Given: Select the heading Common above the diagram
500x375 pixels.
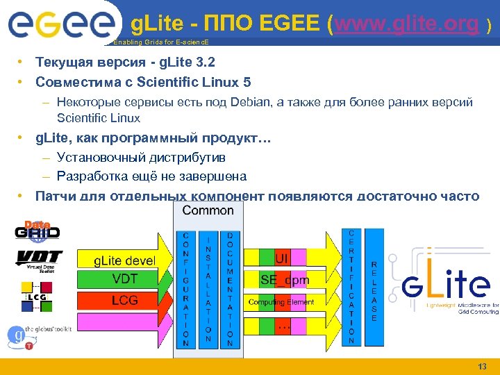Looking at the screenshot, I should pyautogui.click(x=208, y=210).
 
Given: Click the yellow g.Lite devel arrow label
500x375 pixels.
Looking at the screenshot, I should pyautogui.click(x=125, y=260).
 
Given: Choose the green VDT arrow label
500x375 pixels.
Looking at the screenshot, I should pyautogui.click(x=125, y=279).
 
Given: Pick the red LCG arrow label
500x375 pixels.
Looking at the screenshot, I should pyautogui.click(x=125, y=300).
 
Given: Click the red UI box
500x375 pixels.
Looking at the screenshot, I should pyautogui.click(x=281, y=258).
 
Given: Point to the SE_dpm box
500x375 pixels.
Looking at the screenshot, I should pyautogui.click(x=285, y=280).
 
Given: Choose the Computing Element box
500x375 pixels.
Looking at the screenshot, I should pyautogui.click(x=281, y=302).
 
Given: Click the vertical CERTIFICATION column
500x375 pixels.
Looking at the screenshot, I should pyautogui.click(x=351, y=286).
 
